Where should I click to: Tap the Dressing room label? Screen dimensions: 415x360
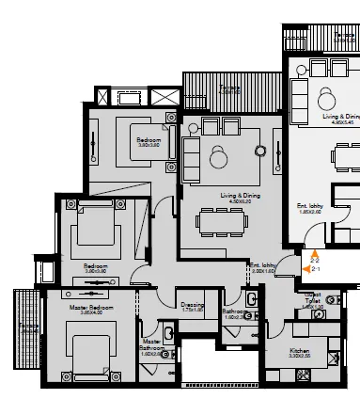tap(193, 305)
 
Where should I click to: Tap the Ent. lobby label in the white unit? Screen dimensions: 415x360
tap(336, 209)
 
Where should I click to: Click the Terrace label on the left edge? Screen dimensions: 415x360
tap(26, 328)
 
